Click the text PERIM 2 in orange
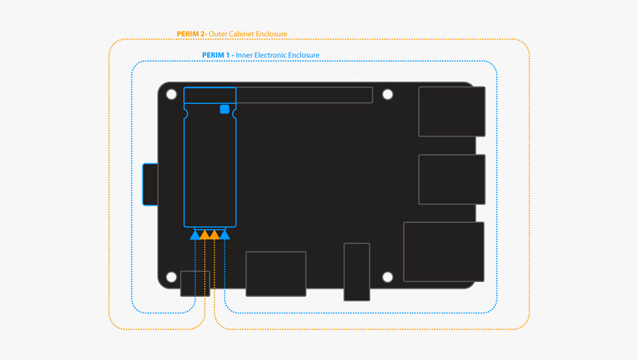point(191,34)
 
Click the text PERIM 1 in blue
point(217,56)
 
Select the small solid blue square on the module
point(224,109)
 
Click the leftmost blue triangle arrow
point(195,235)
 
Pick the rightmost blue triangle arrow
point(225,235)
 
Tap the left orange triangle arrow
point(205,235)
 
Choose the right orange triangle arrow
point(214,235)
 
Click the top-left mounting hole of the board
point(171,95)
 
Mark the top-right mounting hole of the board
point(387,95)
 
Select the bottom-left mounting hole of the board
point(171,277)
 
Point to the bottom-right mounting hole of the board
point(387,277)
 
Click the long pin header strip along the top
point(304,95)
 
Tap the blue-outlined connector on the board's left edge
point(150,184)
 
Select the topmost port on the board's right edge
point(452,111)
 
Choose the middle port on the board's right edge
point(452,179)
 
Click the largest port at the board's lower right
point(444,252)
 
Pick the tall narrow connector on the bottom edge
point(357,272)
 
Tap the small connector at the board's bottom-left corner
point(195,284)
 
